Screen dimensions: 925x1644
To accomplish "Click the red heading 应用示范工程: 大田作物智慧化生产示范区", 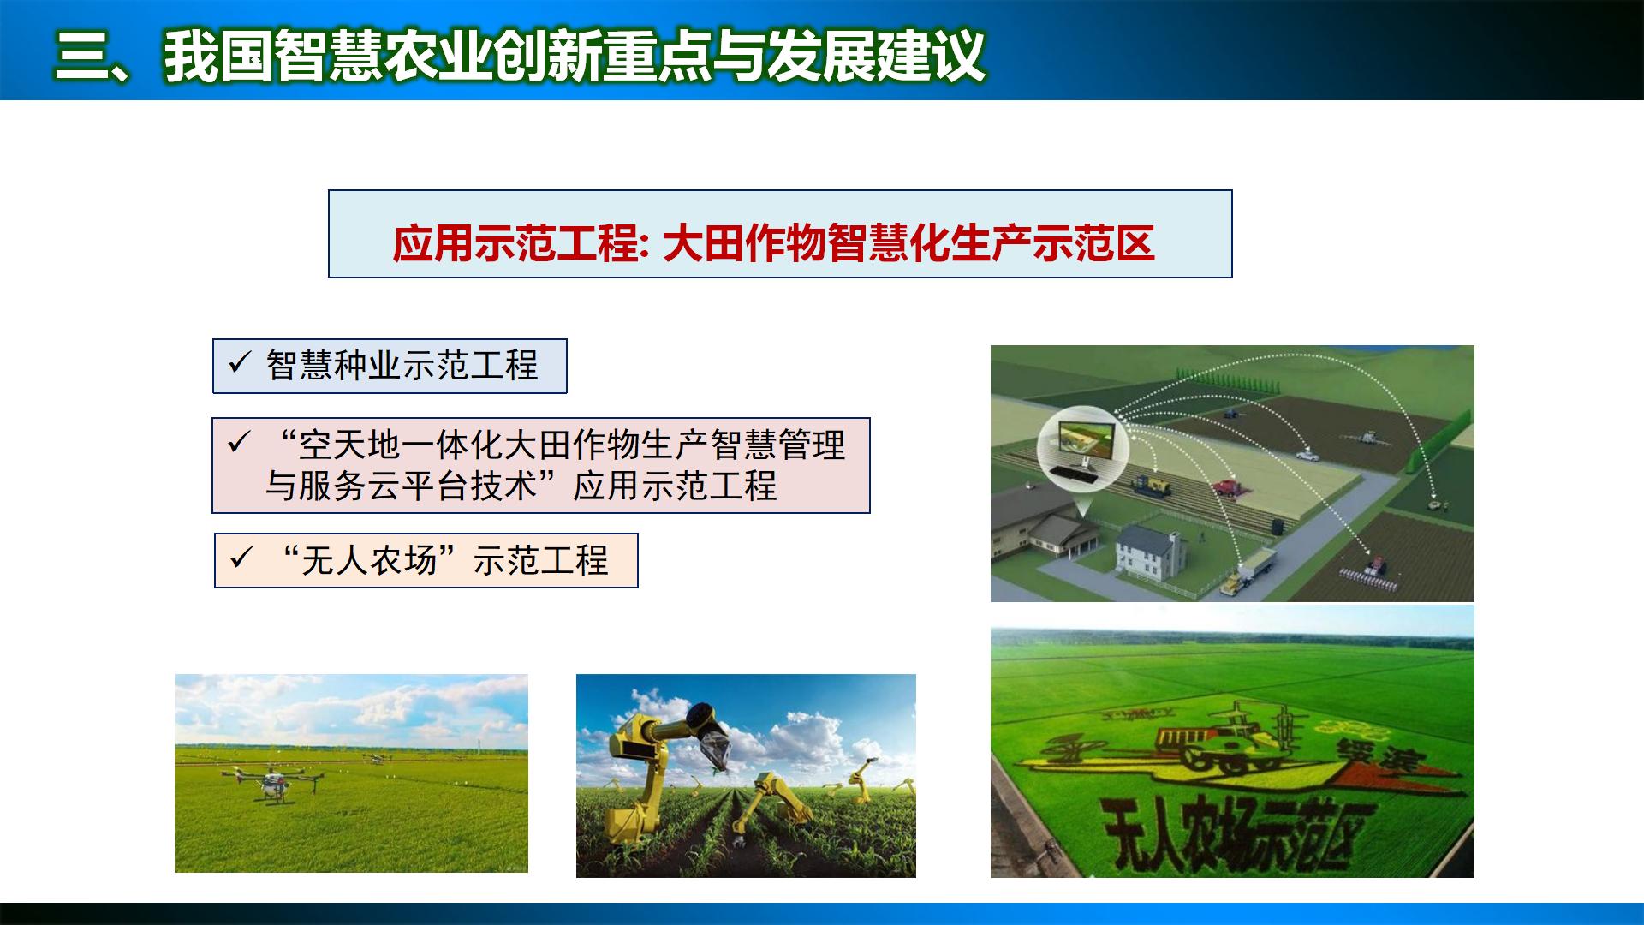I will coord(772,243).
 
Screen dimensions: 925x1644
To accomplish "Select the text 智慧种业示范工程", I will coord(402,366).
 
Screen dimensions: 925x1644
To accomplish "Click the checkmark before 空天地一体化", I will coord(239,443).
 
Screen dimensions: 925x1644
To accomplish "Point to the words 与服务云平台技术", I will coord(401,486).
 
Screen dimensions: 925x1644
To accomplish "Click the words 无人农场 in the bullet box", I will coord(369,561).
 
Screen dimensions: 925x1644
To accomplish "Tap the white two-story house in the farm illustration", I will coord(1150,548).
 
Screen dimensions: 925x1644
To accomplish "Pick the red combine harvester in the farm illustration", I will coord(1231,487).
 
